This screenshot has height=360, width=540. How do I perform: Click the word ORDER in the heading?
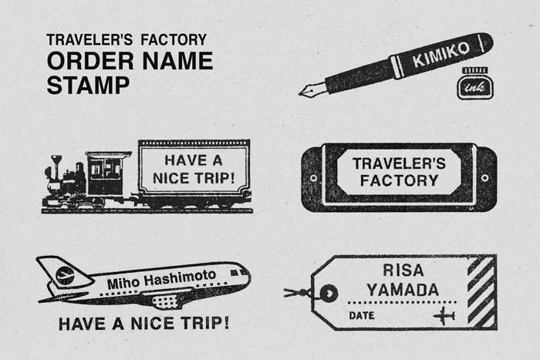pos(90,61)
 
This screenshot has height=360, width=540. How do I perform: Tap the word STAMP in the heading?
pos(88,85)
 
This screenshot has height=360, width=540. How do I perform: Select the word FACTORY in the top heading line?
pos(174,39)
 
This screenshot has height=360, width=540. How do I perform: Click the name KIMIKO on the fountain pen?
pos(440,55)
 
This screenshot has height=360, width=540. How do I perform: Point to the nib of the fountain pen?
pos(312,90)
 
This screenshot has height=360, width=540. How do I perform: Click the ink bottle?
pos(475,83)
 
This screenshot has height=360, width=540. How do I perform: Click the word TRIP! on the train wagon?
pos(214,178)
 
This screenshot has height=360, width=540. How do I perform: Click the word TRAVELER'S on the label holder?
pos(399,163)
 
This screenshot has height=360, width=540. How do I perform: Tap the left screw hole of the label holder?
pos(313,178)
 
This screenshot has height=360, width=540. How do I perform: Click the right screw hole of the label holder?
pos(484,178)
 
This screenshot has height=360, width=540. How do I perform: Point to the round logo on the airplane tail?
pos(65,275)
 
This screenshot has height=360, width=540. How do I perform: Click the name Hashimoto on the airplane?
pos(180,278)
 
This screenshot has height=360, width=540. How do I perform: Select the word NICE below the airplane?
pos(152,324)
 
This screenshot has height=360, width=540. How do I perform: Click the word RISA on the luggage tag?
pos(403,270)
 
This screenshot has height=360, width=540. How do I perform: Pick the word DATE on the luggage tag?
pos(362,315)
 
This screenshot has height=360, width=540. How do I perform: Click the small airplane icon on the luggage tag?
pos(444,315)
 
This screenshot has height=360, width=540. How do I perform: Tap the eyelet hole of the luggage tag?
pos(329,294)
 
